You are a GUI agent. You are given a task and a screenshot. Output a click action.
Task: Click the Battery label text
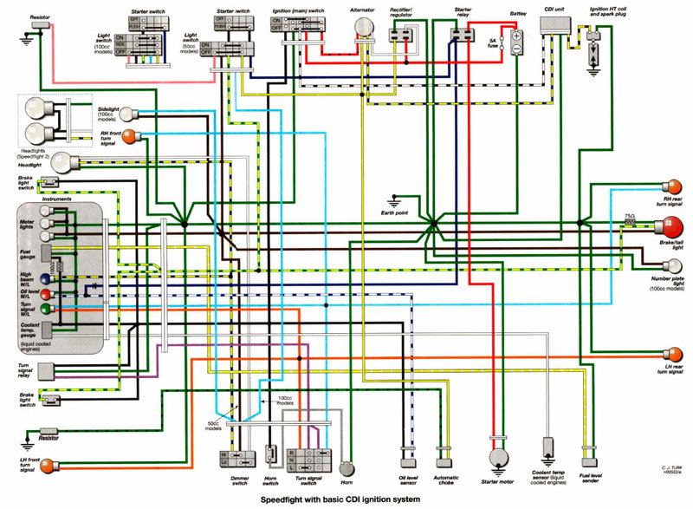click(x=518, y=16)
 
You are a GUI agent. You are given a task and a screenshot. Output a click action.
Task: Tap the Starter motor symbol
click(x=497, y=458)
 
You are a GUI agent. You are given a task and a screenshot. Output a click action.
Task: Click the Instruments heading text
click(x=48, y=199)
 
